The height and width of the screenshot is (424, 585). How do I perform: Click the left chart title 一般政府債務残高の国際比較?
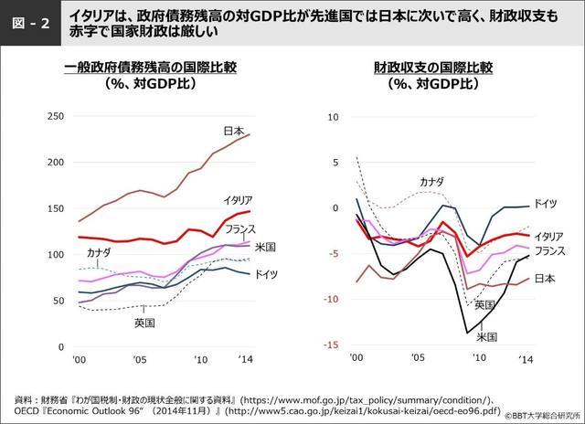click(151, 68)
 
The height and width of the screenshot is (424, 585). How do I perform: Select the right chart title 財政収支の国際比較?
click(432, 68)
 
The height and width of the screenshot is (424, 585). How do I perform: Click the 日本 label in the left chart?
click(234, 132)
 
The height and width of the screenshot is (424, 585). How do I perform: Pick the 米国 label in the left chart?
click(266, 247)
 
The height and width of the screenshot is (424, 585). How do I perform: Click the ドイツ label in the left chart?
click(267, 274)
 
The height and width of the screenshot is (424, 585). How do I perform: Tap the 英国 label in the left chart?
click(144, 323)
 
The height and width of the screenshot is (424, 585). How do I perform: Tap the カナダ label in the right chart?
click(431, 183)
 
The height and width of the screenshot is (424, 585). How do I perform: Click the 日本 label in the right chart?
click(546, 277)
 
